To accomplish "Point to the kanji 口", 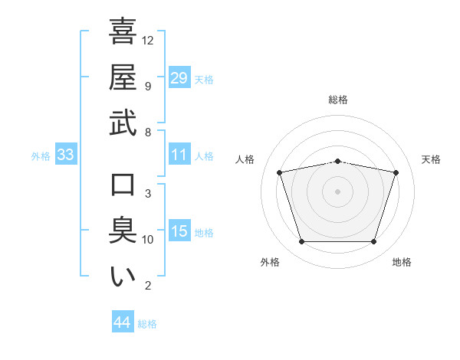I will tap(123, 185).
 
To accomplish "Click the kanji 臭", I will tap(123, 231).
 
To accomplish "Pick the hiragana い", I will tap(123, 277).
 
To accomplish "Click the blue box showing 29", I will tap(179, 77).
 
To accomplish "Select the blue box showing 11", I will tap(179, 155).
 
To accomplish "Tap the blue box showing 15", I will tap(179, 231).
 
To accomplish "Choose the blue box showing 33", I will tap(66, 155).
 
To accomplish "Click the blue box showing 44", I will tap(123, 322).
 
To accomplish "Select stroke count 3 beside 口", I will tap(147, 194).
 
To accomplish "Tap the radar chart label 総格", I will tap(338, 100).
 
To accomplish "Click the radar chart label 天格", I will tap(432, 159).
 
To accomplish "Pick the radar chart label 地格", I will tap(402, 262).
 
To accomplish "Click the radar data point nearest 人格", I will tap(280, 172).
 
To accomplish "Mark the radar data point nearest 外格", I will tap(301, 242).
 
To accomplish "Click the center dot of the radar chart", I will tap(337, 191).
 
